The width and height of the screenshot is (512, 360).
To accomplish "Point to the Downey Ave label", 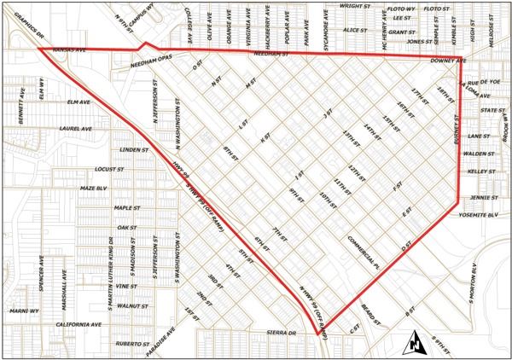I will coord(448,61).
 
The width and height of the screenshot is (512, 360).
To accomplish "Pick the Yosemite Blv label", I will coord(477,216).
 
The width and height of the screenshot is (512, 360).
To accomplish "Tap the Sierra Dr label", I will coord(280,332).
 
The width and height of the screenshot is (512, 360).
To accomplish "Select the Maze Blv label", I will coord(91,187).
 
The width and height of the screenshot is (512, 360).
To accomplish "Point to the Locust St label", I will coord(111,169).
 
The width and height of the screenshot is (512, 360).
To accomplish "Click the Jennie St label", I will coord(483,198).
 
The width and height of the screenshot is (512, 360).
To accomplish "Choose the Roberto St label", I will coord(133,343).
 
